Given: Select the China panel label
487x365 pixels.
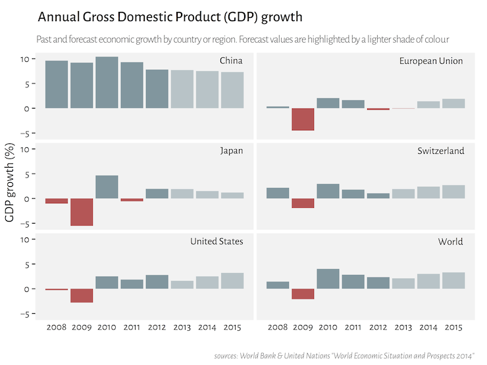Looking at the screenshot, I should click(231, 61).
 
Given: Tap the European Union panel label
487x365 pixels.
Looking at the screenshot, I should click(431, 61).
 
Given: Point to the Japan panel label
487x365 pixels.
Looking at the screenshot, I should click(231, 151).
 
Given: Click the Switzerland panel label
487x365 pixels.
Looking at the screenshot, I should click(440, 151).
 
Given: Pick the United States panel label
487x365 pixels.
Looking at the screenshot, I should click(217, 241).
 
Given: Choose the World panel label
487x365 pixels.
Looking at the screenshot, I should click(450, 241).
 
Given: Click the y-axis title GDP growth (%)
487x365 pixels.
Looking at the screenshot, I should click(10, 187).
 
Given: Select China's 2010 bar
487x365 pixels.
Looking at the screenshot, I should click(107, 82).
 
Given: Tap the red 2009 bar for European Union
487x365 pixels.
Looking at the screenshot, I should click(303, 119).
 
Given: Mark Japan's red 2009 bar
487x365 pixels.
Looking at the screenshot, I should click(82, 212).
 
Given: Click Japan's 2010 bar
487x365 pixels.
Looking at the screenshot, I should click(107, 187).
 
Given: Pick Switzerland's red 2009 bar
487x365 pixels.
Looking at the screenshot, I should click(303, 203).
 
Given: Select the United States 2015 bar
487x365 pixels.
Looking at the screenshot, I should click(232, 281).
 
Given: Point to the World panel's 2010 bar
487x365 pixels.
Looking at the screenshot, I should click(328, 279).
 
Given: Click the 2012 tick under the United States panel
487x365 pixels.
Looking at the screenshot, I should click(157, 327).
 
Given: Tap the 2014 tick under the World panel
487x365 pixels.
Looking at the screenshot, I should click(428, 327).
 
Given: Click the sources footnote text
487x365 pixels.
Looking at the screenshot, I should click(344, 356).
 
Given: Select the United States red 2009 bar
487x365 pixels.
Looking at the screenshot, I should click(82, 295).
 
